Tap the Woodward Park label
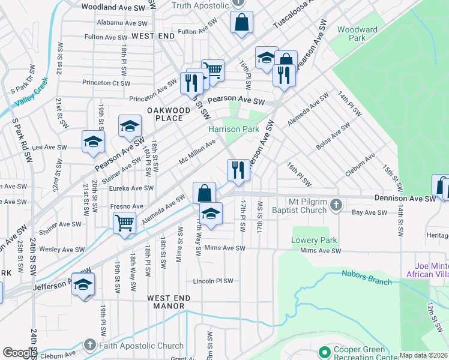[357, 34]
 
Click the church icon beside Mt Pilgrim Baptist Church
[337, 206]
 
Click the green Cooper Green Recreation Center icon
[325, 352]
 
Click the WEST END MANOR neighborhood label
[169, 302]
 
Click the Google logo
[20, 353]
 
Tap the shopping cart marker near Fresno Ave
[124, 223]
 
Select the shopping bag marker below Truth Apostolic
[241, 23]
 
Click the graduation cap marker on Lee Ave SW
[94, 142]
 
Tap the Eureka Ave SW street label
[131, 188]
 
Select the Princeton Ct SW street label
[109, 83]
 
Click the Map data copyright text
[424, 355]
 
